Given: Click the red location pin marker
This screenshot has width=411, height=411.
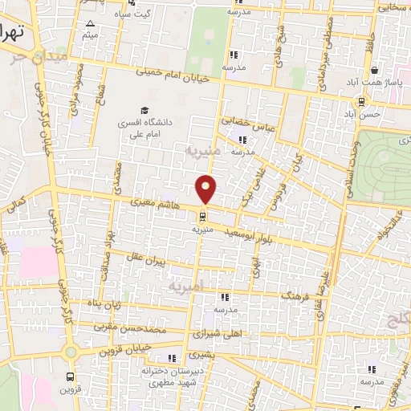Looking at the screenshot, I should point(206,189).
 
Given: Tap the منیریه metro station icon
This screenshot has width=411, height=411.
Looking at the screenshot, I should point(201,215).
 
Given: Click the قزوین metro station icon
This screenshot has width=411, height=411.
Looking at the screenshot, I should point(71,376).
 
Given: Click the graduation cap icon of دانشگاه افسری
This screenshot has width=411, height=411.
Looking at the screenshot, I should point(144,111).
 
